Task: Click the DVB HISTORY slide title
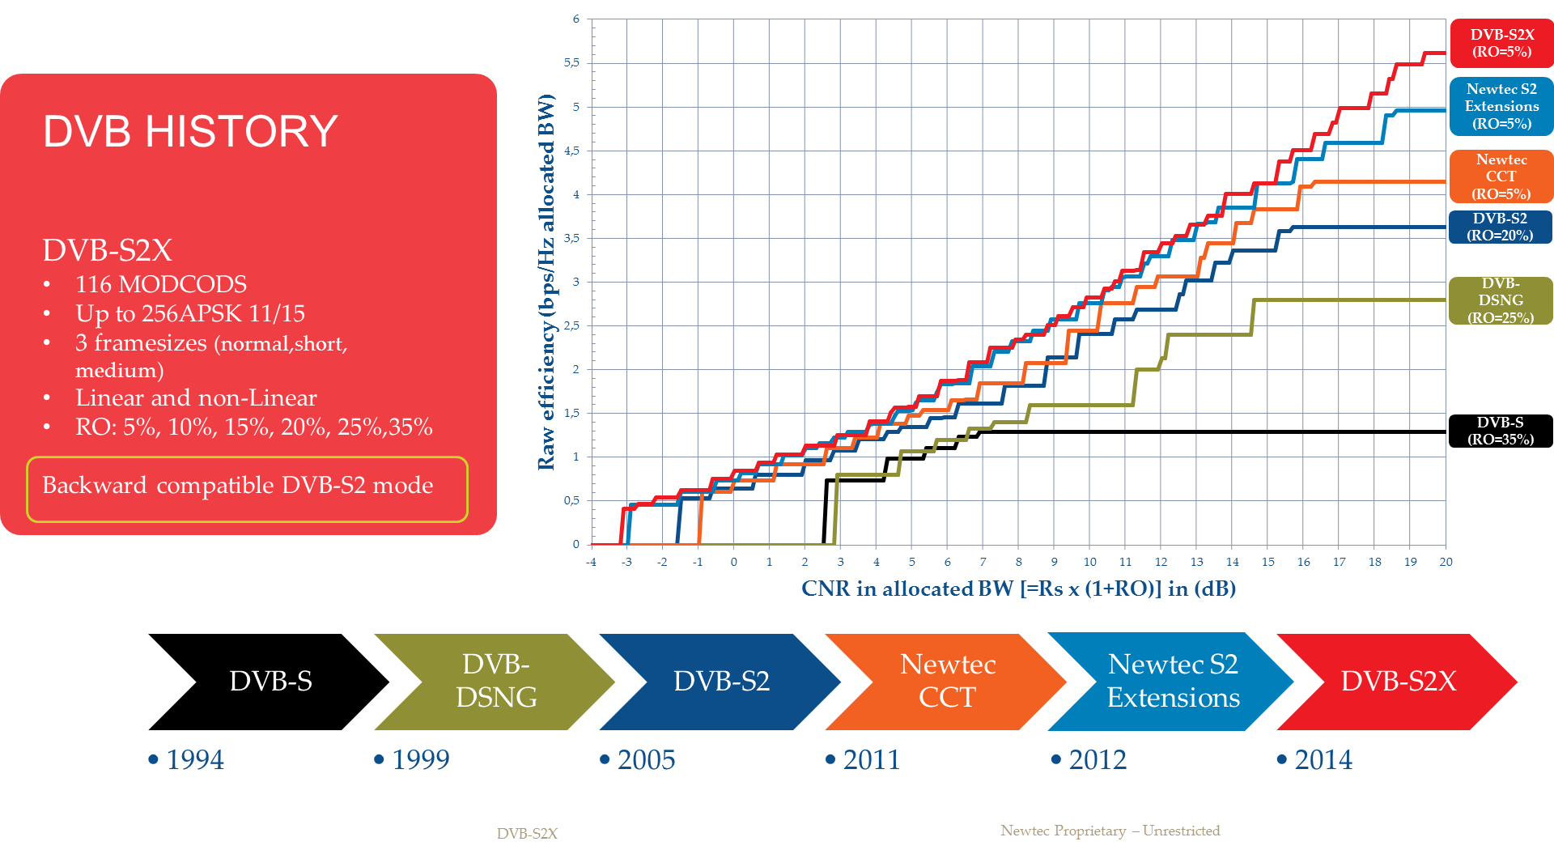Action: click(x=190, y=131)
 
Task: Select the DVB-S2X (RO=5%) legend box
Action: click(x=1501, y=44)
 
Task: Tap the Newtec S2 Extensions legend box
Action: click(x=1501, y=106)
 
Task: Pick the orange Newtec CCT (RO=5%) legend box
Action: click(x=1501, y=176)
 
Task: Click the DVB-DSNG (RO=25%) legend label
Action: click(x=1501, y=300)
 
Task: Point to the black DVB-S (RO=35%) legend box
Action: click(x=1501, y=431)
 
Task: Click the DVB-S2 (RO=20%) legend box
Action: click(x=1501, y=227)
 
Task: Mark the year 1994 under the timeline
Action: click(x=194, y=759)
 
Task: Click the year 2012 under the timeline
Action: click(x=1097, y=759)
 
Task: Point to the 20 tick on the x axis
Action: click(x=1446, y=562)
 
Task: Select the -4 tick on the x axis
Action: click(x=591, y=562)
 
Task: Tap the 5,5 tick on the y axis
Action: click(x=571, y=62)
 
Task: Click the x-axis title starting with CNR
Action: click(x=1018, y=589)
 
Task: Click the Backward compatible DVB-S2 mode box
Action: click(x=247, y=488)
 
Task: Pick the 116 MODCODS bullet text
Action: click(x=161, y=284)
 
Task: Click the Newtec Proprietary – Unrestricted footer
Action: click(x=1110, y=831)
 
